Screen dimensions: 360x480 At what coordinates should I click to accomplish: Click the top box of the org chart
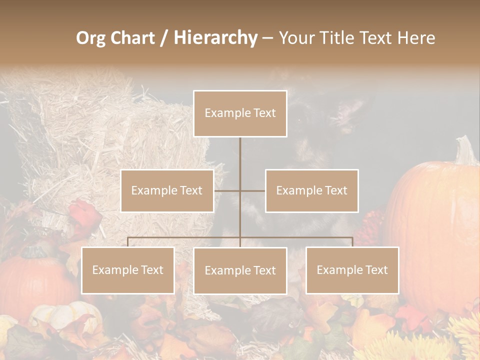click(x=240, y=113)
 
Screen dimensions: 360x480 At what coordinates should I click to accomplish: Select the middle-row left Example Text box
click(x=167, y=190)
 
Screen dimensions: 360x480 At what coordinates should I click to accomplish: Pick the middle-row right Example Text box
click(x=311, y=190)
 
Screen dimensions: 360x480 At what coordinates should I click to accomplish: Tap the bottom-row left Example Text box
click(x=127, y=270)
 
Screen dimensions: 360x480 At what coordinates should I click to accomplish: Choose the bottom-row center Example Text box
click(x=240, y=270)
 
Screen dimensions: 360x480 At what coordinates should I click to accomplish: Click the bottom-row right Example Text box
click(x=352, y=270)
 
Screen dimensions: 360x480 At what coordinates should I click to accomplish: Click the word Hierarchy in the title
click(x=215, y=38)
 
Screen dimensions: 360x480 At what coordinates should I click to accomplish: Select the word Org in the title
click(x=90, y=38)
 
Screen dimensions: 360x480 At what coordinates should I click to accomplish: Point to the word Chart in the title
click(x=132, y=38)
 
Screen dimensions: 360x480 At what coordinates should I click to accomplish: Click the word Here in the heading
click(x=416, y=38)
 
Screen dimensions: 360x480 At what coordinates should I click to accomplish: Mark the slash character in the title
click(x=164, y=38)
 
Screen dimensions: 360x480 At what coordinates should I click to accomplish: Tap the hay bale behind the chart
click(x=100, y=135)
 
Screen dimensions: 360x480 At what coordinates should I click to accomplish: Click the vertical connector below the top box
click(x=240, y=162)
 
